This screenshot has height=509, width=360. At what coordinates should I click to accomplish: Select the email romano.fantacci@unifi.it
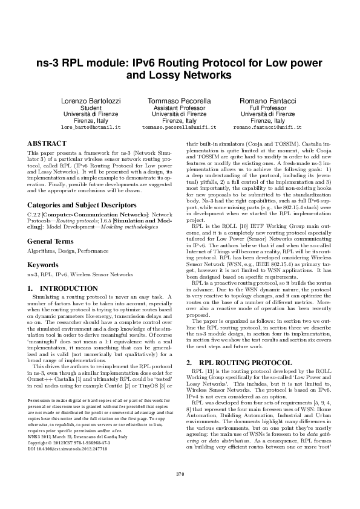click(x=267, y=128)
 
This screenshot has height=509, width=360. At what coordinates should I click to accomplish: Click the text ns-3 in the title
click(x=50, y=62)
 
